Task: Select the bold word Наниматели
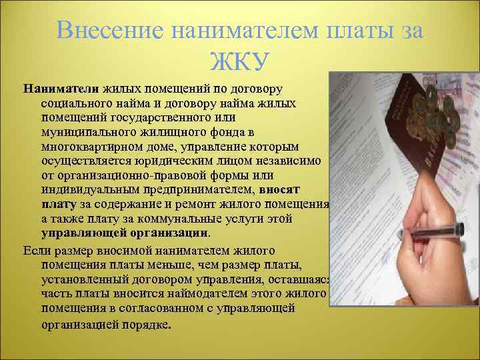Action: point(61,89)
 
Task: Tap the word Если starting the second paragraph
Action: point(37,251)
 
